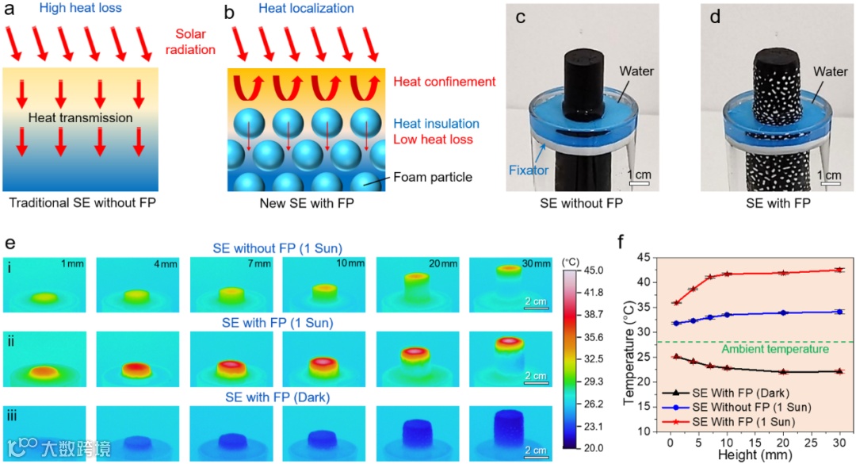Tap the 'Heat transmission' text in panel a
79,118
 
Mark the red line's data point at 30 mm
838,270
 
